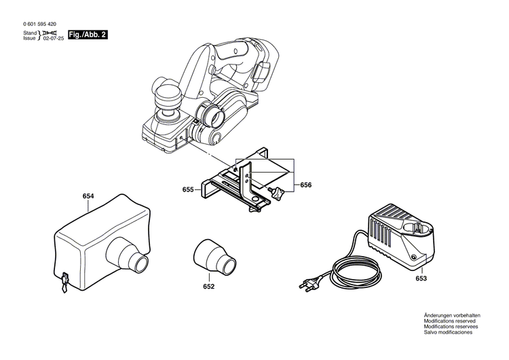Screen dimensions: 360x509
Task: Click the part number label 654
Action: coord(88,196)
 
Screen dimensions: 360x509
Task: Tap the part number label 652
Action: coord(208,287)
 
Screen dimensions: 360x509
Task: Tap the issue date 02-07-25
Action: coord(54,40)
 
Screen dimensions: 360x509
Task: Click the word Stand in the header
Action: coord(30,33)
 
